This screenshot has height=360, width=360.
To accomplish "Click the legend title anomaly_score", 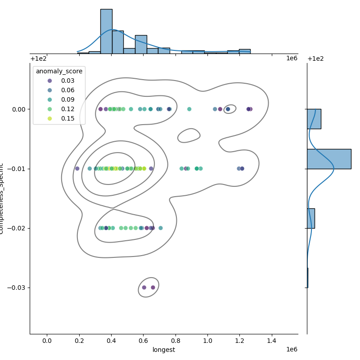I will (59, 72).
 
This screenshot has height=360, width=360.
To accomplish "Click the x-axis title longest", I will (164, 350).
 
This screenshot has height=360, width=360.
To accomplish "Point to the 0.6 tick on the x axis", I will (143, 341).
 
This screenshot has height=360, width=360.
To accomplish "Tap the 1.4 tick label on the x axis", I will (272, 341).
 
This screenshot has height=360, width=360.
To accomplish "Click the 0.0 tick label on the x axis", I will (47, 341).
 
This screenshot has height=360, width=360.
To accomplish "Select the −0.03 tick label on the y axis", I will (17, 288).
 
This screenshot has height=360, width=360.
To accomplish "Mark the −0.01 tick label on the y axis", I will (17, 169).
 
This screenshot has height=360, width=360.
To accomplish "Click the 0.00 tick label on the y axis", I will (18, 109).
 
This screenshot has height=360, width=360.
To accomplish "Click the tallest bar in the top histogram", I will (106, 31).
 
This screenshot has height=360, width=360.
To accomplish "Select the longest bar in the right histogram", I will (329, 159).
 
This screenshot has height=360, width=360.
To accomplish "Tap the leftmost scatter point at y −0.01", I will (77, 168).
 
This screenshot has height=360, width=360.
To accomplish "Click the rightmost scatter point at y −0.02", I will (161, 228).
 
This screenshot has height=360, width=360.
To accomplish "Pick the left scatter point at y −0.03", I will (144, 288).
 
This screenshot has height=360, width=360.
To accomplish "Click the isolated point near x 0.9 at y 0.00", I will (189, 109).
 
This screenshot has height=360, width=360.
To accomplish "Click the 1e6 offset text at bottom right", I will (292, 350).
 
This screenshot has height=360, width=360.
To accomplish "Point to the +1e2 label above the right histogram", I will (315, 59).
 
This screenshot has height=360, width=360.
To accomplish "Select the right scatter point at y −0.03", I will (153, 288).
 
